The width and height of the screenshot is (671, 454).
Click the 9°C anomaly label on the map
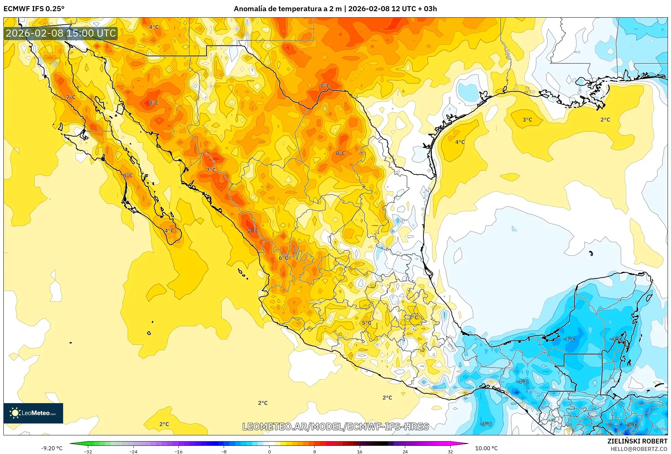pyautogui.click(x=252, y=231)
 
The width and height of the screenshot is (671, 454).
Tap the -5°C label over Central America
pyautogui.click(x=632, y=425)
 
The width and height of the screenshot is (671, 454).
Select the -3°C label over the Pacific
pyautogui.click(x=486, y=424)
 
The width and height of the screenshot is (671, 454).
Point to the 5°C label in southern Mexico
pyautogui.click(x=366, y=323)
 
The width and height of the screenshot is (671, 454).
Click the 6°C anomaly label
pyautogui.click(x=283, y=258)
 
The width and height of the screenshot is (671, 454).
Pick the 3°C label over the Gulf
pyautogui.click(x=527, y=120)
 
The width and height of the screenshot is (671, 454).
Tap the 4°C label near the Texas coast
pyautogui.click(x=460, y=142)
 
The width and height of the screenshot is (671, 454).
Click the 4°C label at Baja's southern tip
pyautogui.click(x=169, y=231)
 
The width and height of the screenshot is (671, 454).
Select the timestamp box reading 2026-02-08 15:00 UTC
pyautogui.click(x=61, y=33)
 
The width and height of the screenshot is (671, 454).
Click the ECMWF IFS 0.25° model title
pyautogui.click(x=34, y=9)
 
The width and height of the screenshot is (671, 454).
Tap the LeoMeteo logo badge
pyautogui.click(x=33, y=413)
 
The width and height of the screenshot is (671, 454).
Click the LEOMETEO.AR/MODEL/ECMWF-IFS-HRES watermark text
pyautogui.click(x=335, y=427)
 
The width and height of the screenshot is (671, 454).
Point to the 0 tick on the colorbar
pyautogui.click(x=269, y=451)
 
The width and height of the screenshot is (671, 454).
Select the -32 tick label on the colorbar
pyautogui.click(x=88, y=451)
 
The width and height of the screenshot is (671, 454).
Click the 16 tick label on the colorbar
pyautogui.click(x=359, y=451)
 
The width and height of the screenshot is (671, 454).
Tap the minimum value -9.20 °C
pyautogui.click(x=52, y=448)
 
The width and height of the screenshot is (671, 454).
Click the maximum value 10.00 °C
pyautogui.click(x=486, y=448)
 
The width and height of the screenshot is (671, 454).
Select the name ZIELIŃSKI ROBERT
pyautogui.click(x=637, y=441)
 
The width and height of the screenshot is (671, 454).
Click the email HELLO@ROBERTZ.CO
pyautogui.click(x=639, y=449)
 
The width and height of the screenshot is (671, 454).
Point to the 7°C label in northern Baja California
pyautogui.click(x=71, y=97)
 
